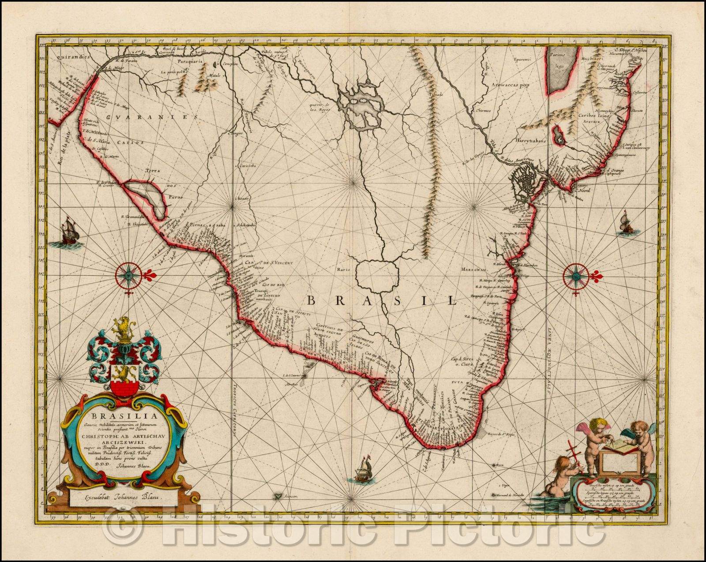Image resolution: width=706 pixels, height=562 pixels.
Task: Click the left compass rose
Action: (x=128, y=275)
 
